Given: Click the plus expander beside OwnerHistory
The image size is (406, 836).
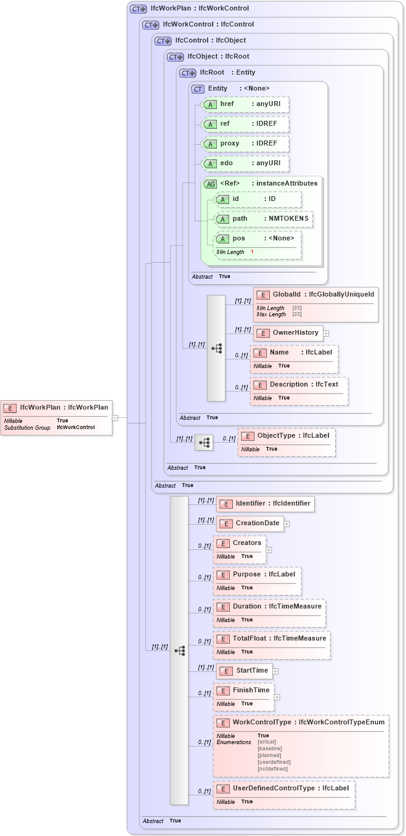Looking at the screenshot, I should pyautogui.click(x=326, y=334).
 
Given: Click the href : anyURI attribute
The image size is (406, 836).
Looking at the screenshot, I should pyautogui.click(x=246, y=104).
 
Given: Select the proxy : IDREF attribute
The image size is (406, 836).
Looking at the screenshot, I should pyautogui.click(x=246, y=144).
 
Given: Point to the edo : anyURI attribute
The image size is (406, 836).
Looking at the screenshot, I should pyautogui.click(x=246, y=163).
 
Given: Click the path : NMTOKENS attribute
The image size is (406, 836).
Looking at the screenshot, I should pyautogui.click(x=263, y=219).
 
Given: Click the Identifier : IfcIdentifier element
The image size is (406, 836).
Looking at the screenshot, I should pyautogui.click(x=265, y=504).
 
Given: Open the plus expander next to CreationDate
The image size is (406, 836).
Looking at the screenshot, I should pyautogui.click(x=286, y=524).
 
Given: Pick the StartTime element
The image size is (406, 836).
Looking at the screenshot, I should pyautogui.click(x=245, y=671).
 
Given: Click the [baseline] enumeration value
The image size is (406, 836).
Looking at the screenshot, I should pyautogui.click(x=270, y=748).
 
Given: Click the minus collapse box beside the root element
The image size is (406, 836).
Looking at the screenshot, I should pyautogui.click(x=115, y=417).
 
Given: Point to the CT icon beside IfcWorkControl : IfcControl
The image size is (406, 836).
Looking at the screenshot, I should pyautogui.click(x=150, y=25).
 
